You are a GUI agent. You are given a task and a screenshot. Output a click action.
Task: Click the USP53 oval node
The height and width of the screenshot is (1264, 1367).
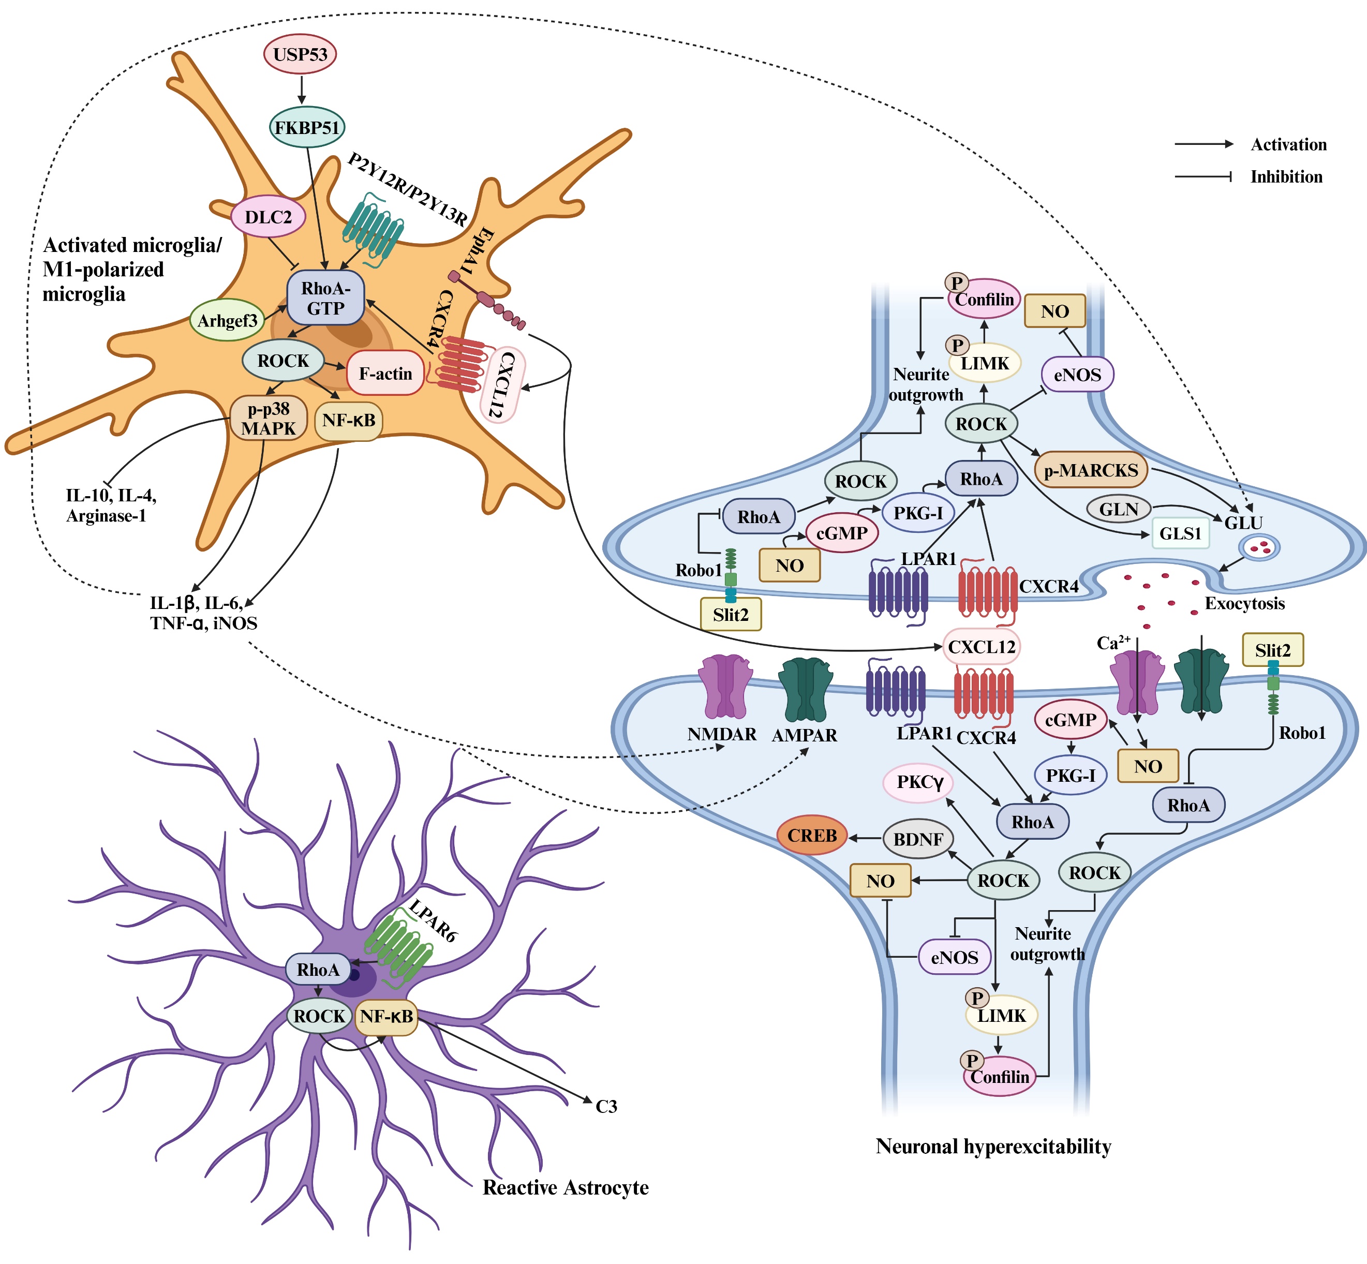click(x=300, y=54)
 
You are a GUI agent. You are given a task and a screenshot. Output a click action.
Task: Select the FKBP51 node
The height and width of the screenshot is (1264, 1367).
click(x=306, y=127)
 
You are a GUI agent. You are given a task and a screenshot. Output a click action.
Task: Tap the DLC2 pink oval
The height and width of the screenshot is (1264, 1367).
click(x=268, y=217)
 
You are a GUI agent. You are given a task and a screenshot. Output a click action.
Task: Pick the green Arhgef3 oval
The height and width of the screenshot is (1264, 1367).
click(x=227, y=320)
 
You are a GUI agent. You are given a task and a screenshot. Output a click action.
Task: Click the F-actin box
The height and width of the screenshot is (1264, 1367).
click(x=385, y=374)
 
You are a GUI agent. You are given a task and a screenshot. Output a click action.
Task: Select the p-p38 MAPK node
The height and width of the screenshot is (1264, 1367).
click(x=268, y=419)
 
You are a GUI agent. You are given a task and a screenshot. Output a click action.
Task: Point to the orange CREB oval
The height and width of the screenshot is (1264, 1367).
click(x=812, y=836)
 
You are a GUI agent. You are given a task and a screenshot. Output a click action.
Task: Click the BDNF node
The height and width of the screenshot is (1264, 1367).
click(x=918, y=839)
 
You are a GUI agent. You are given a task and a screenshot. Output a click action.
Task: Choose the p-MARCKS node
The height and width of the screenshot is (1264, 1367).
click(x=1091, y=471)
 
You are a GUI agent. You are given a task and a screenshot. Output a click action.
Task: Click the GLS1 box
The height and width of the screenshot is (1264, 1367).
click(x=1180, y=533)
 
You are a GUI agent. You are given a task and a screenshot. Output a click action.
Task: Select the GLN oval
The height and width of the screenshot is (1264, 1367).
click(x=1119, y=509)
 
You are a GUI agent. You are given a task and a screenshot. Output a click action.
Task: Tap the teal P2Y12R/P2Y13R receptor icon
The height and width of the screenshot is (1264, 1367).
click(x=373, y=229)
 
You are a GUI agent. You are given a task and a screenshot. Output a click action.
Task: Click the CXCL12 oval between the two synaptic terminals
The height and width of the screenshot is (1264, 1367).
click(x=982, y=646)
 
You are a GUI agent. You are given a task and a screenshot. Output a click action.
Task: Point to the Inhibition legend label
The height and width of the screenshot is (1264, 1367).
click(x=1286, y=177)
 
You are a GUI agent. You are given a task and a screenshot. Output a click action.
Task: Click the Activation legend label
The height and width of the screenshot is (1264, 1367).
click(x=1288, y=144)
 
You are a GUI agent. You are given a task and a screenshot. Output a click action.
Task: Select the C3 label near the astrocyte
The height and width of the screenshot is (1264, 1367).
click(x=606, y=1107)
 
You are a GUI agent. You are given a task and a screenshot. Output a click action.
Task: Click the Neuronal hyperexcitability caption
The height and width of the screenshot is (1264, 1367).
click(x=993, y=1147)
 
